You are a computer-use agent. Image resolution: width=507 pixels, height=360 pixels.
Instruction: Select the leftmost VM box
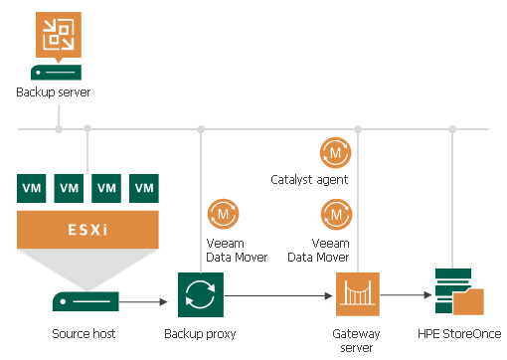(32, 187)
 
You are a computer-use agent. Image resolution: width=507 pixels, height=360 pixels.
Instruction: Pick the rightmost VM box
(145, 187)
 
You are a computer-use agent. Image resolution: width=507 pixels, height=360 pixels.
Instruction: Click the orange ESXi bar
(88, 228)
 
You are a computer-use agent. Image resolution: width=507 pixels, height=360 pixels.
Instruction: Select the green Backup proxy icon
(201, 295)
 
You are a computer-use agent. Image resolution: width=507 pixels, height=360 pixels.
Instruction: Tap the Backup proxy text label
(201, 334)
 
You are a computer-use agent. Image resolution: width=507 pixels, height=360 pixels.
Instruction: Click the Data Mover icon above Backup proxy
(221, 214)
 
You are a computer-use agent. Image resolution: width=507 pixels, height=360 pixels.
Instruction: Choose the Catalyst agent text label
(309, 180)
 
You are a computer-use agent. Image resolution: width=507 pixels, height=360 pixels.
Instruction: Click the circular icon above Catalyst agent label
(335, 152)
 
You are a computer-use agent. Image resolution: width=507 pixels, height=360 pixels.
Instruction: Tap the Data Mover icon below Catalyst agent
(335, 214)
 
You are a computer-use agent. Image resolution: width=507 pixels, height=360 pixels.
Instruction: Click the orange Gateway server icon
(358, 295)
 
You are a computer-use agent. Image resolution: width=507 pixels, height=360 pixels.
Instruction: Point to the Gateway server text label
(358, 340)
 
